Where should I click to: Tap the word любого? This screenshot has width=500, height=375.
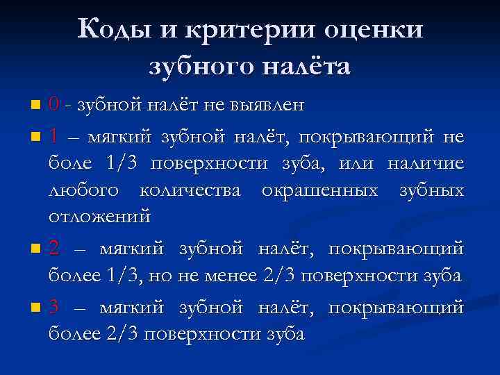pyautogui.click(x=82, y=190)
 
